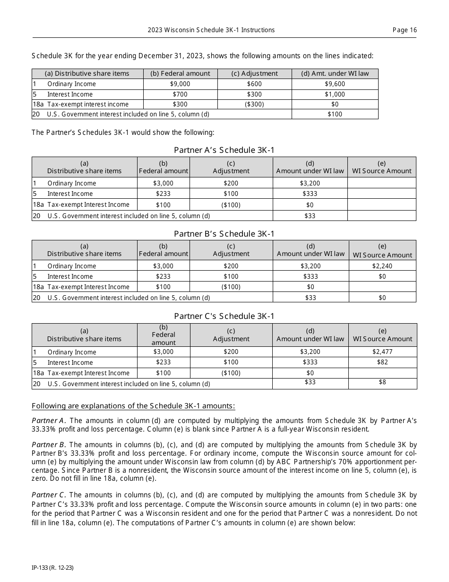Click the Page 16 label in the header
click(x=405, y=30)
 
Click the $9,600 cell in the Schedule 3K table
click(x=335, y=84)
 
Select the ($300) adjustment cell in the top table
click(x=254, y=104)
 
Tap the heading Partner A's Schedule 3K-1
click(x=224, y=150)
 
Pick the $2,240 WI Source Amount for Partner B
click(x=382, y=266)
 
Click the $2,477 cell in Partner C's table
click(x=382, y=352)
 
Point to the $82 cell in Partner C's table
click(x=382, y=362)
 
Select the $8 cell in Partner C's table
click(x=382, y=382)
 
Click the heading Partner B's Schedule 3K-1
click(x=224, y=233)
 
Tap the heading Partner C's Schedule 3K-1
click(x=224, y=316)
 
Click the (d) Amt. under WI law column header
click(x=335, y=73)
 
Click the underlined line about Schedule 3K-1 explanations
click(x=133, y=406)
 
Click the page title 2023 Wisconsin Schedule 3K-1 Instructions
click(x=211, y=30)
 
